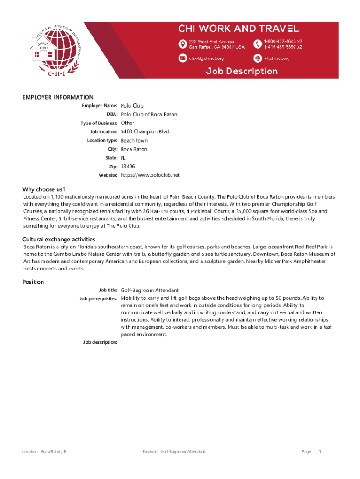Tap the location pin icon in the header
(x=182, y=44)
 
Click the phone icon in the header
(x=257, y=44)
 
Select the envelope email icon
(x=182, y=58)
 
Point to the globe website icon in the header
(x=257, y=58)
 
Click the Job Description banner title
(x=242, y=72)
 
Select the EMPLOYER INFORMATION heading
(x=58, y=97)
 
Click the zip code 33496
(x=128, y=167)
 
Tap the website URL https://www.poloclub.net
(x=150, y=175)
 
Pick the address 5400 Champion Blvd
(x=145, y=131)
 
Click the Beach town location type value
(x=134, y=140)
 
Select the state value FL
(x=124, y=158)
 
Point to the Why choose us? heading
(x=44, y=189)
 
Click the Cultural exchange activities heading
(x=59, y=239)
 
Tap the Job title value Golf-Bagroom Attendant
(x=150, y=290)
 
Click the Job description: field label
(x=100, y=342)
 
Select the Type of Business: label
(x=99, y=123)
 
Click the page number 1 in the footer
(x=320, y=452)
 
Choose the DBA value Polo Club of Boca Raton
(x=149, y=115)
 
